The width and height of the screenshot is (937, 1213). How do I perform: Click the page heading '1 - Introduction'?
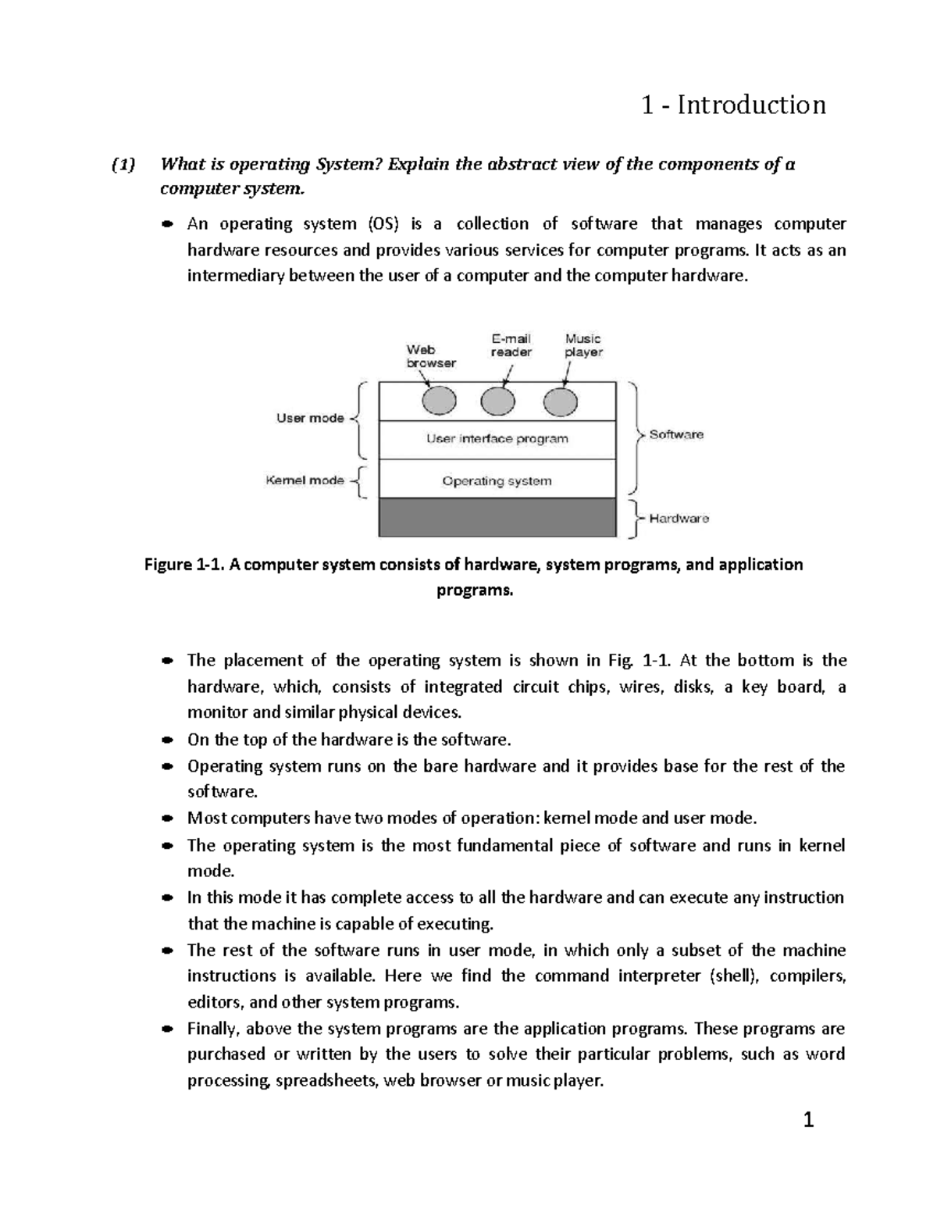coord(732,105)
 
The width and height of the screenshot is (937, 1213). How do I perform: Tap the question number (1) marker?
coord(123,165)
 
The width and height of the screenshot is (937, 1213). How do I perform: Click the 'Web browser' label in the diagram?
coord(430,356)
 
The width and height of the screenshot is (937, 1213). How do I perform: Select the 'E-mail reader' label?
coord(511,345)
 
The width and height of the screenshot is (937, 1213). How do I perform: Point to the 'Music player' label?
coord(583,345)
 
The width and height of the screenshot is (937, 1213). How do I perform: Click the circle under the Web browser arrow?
coord(439,401)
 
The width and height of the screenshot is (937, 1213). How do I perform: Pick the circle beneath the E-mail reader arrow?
coord(498,401)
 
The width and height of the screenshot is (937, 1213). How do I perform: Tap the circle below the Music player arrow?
coord(560,402)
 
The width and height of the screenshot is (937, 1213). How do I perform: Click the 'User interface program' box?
coord(497,439)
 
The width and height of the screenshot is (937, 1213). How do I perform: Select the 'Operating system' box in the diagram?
coord(497,481)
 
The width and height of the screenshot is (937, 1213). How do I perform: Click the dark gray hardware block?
coord(497,517)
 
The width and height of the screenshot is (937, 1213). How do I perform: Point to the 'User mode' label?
coord(310,419)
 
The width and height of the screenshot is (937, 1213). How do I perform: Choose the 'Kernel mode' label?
coord(305,481)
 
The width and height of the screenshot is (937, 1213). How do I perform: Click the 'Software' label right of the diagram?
coord(676,435)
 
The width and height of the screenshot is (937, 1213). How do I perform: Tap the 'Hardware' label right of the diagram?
coord(679,519)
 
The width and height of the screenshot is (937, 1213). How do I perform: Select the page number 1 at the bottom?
coord(808,1121)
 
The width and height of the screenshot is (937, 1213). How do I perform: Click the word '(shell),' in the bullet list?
coord(733,976)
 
